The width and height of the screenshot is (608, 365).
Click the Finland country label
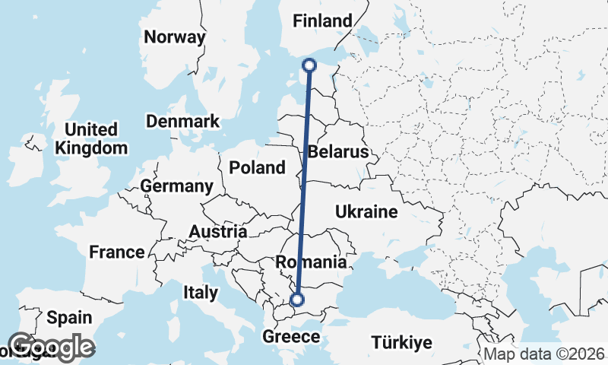(x=323, y=21)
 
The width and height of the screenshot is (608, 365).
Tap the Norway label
(x=175, y=37)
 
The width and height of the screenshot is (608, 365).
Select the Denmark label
(x=182, y=121)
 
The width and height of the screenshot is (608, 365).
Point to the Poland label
(x=257, y=167)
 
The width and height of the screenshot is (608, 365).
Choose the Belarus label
(x=338, y=152)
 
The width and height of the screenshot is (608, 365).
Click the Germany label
(x=177, y=186)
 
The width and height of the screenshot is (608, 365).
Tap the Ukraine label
(x=366, y=211)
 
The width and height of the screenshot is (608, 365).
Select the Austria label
(x=217, y=231)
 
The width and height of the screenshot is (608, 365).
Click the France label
(x=116, y=252)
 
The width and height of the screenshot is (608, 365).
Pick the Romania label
(x=312, y=262)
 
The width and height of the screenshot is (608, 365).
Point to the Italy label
(x=201, y=292)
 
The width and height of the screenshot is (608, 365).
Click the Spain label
(x=68, y=318)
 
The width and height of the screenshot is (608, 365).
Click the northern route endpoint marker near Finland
(x=309, y=65)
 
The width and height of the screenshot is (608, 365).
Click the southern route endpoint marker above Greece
(x=297, y=300)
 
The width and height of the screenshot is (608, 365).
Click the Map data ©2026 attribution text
(x=543, y=354)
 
